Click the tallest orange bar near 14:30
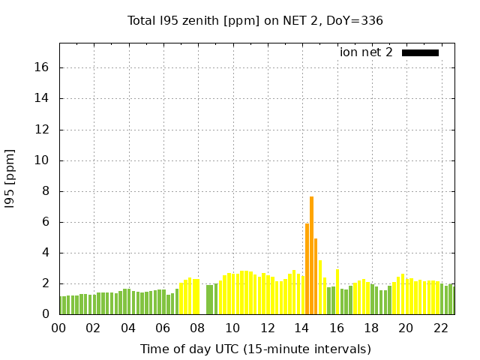311,255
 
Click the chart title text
255,20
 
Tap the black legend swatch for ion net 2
420,52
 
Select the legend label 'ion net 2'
366,52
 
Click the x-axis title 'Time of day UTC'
255,349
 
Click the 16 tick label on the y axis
42,67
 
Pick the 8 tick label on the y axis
45,191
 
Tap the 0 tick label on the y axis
45,314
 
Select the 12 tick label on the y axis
42,129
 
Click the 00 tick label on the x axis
59,328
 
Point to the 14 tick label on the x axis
301,328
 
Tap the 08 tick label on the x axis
198,328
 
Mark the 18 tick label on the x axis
371,328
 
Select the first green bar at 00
61,305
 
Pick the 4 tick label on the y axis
45,253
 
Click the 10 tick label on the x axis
232,328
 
